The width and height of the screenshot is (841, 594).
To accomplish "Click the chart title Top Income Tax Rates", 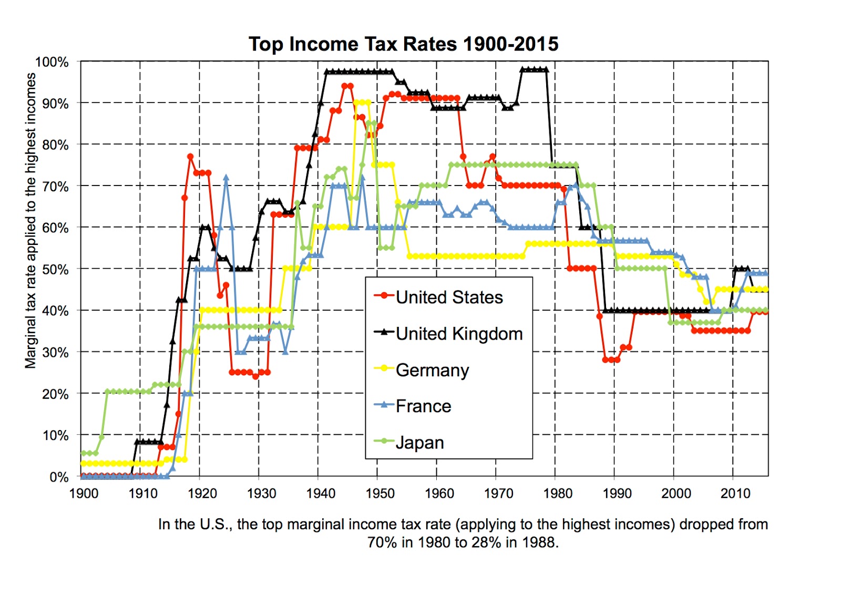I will [403, 44].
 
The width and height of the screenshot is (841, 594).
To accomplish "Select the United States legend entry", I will [449, 297].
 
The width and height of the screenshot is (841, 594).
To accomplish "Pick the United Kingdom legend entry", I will [459, 334].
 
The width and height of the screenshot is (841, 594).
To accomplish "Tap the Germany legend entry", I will [432, 370].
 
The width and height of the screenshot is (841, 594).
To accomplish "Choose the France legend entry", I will [423, 406].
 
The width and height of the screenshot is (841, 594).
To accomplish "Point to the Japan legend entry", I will [419, 443].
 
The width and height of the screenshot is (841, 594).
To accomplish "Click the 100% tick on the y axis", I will [52, 62].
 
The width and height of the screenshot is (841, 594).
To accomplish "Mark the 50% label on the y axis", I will [55, 270].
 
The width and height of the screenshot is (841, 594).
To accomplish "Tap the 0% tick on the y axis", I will [58, 477].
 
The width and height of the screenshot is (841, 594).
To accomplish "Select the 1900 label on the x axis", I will [84, 494].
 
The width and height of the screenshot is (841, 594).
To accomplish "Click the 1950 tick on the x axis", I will [380, 494].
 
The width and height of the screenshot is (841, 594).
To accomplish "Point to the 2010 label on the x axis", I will [735, 494].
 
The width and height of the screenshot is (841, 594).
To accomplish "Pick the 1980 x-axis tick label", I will [558, 494].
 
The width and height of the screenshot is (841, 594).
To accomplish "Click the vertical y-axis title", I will [30, 221].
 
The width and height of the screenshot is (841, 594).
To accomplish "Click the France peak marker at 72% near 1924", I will [226, 178].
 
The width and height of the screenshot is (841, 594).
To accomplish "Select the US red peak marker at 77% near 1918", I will [190, 157].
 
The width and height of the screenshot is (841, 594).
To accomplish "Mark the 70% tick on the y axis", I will [55, 187].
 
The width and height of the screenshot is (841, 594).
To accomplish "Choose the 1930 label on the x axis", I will [261, 494].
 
